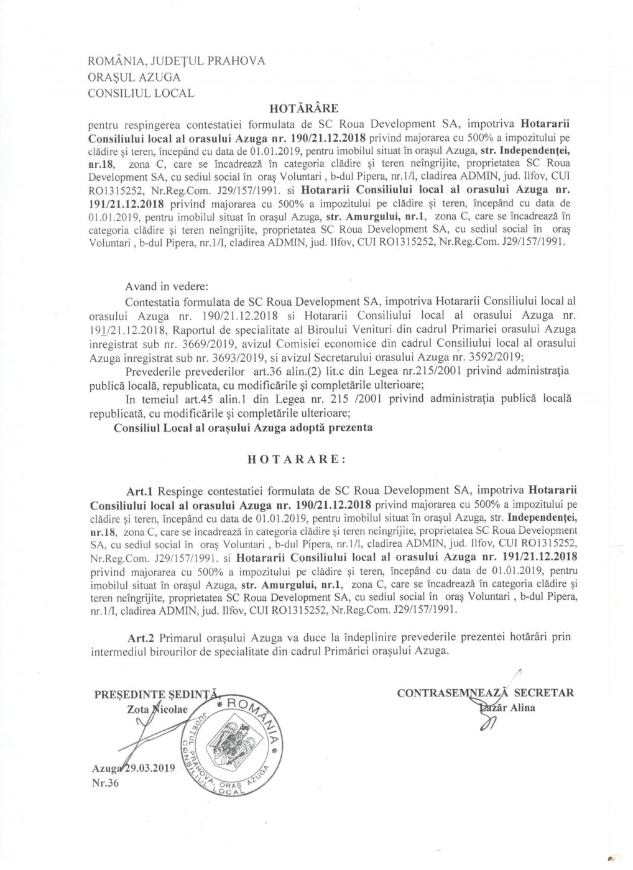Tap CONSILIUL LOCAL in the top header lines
[141, 93]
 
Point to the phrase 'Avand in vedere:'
[168, 287]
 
